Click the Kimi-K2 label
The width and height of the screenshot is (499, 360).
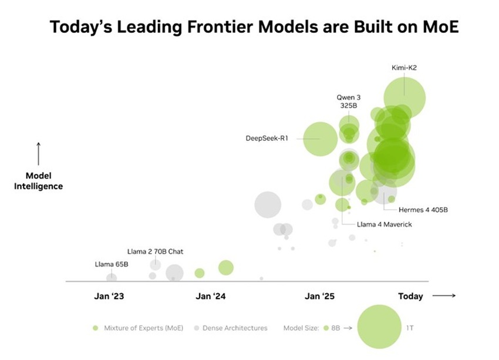click(x=404, y=68)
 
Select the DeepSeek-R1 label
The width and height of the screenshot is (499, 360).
click(x=267, y=139)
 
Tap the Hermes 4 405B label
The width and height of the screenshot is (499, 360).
click(x=419, y=209)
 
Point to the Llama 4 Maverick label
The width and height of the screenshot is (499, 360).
click(x=385, y=224)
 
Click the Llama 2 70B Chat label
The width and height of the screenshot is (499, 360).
click(x=155, y=251)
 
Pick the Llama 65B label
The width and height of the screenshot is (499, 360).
click(x=112, y=264)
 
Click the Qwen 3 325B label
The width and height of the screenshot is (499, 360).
click(x=348, y=101)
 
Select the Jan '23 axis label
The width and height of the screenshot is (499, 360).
click(x=109, y=296)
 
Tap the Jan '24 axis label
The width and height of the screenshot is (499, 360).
click(x=210, y=296)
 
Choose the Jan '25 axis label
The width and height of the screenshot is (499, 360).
click(x=320, y=296)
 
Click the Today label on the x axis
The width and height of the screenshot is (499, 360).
click(x=410, y=296)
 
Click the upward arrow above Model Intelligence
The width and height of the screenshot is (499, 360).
click(x=39, y=153)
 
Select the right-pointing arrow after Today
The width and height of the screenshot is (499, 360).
click(x=444, y=295)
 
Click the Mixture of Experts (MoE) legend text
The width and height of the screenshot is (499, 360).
click(x=143, y=328)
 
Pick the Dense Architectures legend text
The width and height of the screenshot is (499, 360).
click(x=235, y=328)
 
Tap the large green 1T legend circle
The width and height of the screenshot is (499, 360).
click(x=379, y=327)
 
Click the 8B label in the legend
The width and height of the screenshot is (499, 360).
click(x=335, y=328)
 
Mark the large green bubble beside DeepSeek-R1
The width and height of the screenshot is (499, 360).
click(x=320, y=139)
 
